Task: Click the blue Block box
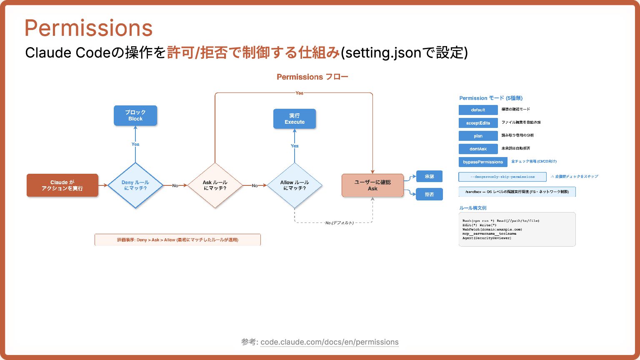click(135, 115)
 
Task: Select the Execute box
click(295, 119)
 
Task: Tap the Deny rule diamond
click(135, 185)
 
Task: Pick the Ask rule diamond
click(215, 185)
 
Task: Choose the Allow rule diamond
click(295, 185)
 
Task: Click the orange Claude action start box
click(62, 185)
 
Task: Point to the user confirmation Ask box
click(372, 185)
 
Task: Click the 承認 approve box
click(429, 176)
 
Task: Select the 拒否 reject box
click(429, 194)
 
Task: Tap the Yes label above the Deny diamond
click(135, 144)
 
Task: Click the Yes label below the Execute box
click(295, 146)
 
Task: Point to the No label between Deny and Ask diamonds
click(175, 185)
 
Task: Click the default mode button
click(478, 110)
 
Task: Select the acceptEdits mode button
click(478, 123)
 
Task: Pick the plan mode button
click(478, 136)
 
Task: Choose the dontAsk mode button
click(478, 149)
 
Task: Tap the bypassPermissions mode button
click(483, 162)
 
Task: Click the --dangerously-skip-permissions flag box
click(502, 177)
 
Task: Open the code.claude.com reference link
click(329, 342)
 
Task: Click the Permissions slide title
click(89, 28)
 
